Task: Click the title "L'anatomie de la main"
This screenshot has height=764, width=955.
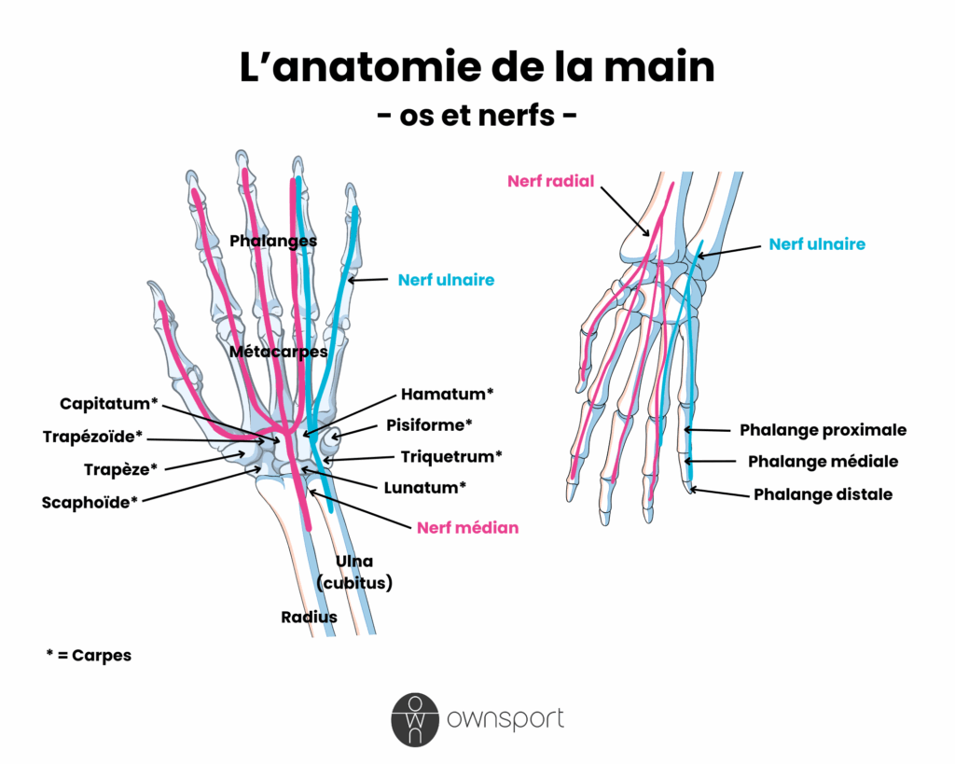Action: pyautogui.click(x=477, y=67)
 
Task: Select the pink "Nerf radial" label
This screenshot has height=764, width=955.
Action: pyautogui.click(x=550, y=182)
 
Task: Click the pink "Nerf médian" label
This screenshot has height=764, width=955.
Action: pyautogui.click(x=467, y=527)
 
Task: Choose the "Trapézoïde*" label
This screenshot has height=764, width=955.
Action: pyautogui.click(x=92, y=437)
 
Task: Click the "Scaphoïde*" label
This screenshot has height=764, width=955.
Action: pyautogui.click(x=90, y=502)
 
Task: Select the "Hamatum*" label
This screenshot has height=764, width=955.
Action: pyautogui.click(x=447, y=394)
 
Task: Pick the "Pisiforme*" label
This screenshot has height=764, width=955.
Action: pyautogui.click(x=429, y=425)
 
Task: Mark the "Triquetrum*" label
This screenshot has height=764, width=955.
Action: pyautogui.click(x=451, y=456)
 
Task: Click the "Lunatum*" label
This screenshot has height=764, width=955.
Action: pyautogui.click(x=424, y=487)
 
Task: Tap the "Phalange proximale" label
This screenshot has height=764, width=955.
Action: pyautogui.click(x=823, y=430)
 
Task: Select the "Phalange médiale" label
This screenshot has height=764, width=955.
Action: pyautogui.click(x=823, y=462)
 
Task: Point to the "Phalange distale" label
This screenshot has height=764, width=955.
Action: pyautogui.click(x=823, y=494)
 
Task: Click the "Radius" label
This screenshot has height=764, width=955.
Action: pyautogui.click(x=309, y=617)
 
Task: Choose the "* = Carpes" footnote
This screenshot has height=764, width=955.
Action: pyautogui.click(x=89, y=655)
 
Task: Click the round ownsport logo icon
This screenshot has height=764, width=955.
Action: pyautogui.click(x=413, y=719)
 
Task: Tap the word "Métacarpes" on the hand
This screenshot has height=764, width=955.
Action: pyautogui.click(x=278, y=352)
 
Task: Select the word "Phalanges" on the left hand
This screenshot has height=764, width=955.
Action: pyautogui.click(x=273, y=241)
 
